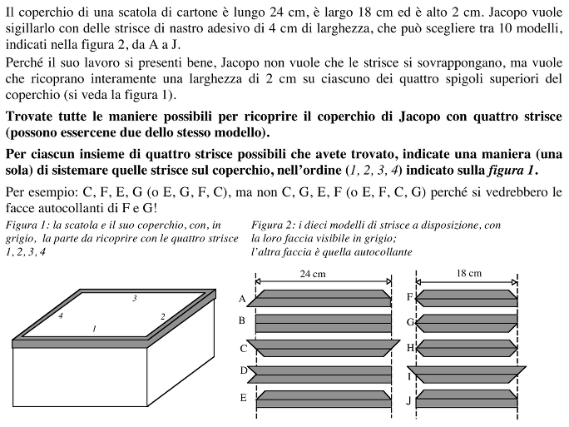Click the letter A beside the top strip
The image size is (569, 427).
242,297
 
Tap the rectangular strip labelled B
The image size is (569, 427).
324,320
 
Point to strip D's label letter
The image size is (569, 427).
244,370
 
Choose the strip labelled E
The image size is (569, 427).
324,398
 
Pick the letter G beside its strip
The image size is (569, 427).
410,321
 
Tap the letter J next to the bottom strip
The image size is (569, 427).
408,400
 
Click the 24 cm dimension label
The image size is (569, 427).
314,274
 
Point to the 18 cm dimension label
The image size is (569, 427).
469,274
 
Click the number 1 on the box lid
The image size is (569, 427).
94,330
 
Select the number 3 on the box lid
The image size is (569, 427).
134,298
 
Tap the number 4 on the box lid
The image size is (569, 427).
60,316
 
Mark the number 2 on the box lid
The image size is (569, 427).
162,316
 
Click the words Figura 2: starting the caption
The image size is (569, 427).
271,225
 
